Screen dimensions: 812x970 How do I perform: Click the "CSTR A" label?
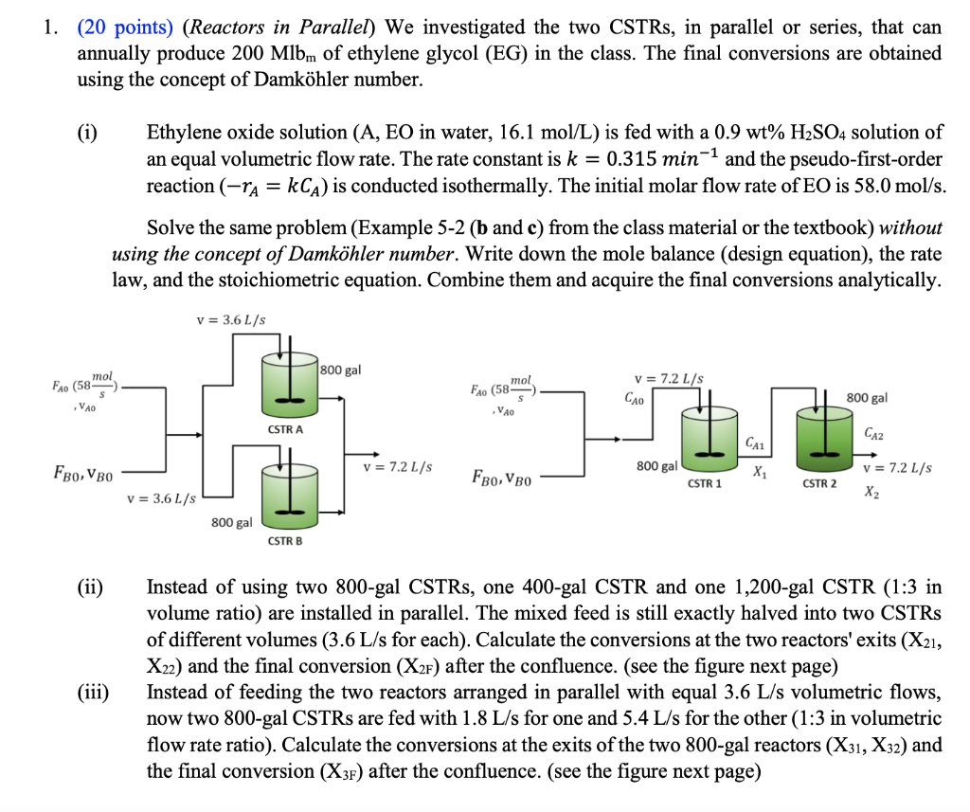285,430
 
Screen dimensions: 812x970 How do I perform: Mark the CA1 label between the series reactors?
755,442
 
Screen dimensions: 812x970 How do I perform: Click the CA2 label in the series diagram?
876,434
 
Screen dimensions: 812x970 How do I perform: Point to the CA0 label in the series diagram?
633,401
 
